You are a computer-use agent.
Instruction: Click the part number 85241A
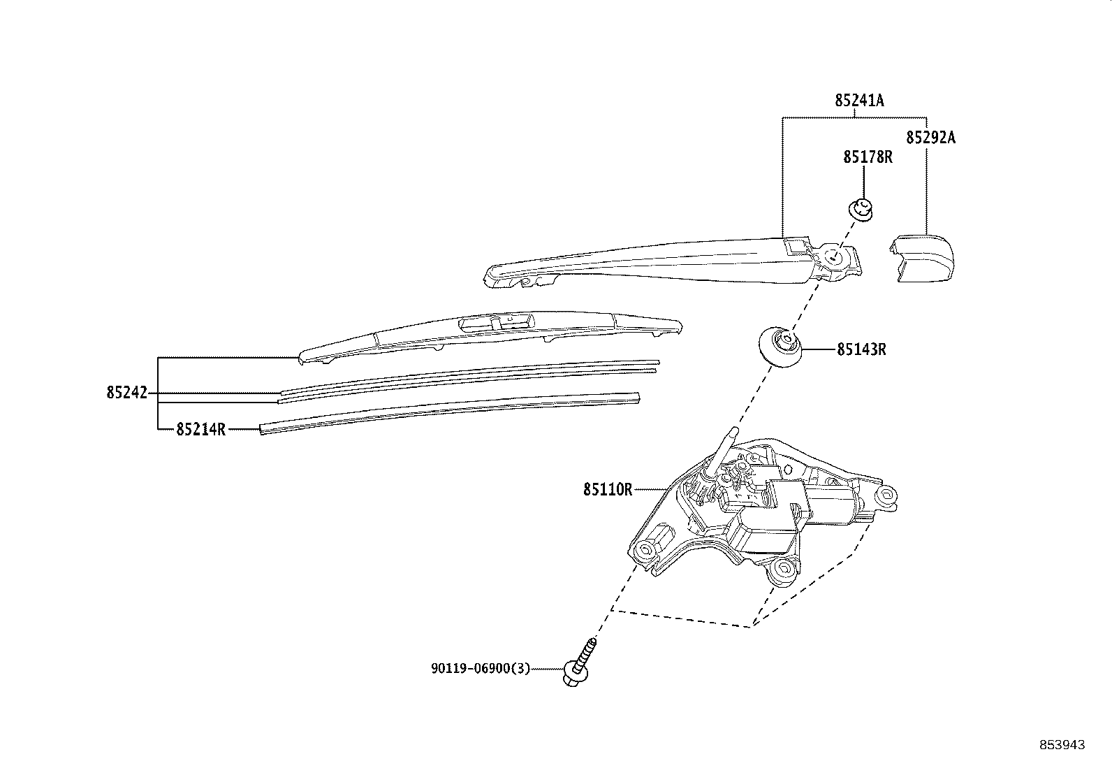pos(859,101)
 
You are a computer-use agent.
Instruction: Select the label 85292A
pos(930,138)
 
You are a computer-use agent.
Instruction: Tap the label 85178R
pos(868,157)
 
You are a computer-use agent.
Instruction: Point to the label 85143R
pos(861,349)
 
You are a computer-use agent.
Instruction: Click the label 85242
pos(127,393)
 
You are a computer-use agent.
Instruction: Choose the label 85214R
pos(200,429)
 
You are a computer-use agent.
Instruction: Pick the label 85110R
pos(608,489)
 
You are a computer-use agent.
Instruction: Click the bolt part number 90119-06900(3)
pos(480,669)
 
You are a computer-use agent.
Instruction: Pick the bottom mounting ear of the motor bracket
pos(779,572)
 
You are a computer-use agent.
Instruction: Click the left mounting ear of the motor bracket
pos(644,551)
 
